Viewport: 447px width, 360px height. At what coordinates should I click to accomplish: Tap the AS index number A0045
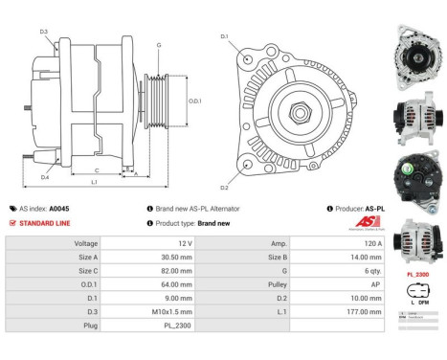[x=59, y=208]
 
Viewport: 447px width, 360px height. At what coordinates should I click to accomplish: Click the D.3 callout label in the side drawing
[x=44, y=32]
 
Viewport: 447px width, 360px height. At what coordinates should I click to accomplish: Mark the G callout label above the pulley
[x=158, y=45]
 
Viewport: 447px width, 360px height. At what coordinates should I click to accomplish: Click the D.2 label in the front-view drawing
[x=224, y=187]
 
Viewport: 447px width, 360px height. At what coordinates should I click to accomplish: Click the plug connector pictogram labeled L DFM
[x=417, y=293]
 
